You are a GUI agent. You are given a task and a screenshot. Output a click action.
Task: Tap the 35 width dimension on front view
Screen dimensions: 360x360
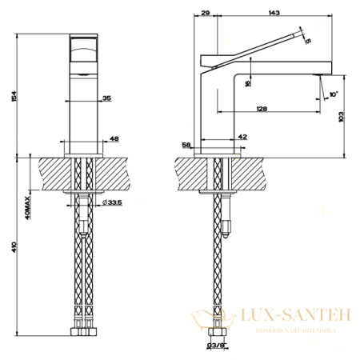pos(106,99)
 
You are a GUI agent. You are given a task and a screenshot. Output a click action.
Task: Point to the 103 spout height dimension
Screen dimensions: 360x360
pos(343,117)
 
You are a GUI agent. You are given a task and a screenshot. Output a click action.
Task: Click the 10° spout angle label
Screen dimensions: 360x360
pos(334,94)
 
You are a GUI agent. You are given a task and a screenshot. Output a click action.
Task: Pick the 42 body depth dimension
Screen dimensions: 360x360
pos(242,138)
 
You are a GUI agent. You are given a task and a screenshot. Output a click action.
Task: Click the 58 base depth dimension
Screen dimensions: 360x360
pos(186,146)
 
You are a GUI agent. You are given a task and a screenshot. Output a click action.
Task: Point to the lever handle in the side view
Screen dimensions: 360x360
pos(256,48)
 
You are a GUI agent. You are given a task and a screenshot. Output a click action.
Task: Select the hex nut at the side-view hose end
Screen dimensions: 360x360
pos(214,331)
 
